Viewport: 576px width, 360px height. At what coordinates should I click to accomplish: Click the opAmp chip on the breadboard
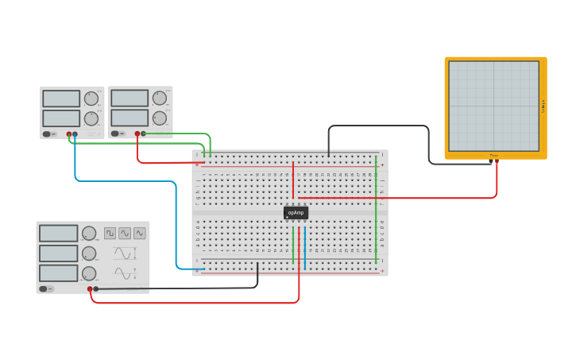coord(296,212)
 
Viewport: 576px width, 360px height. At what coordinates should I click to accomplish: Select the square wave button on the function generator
coord(110,233)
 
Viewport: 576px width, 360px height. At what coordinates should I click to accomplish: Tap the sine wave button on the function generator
coord(125,233)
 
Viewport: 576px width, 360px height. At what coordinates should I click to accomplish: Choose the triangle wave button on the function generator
coord(140,233)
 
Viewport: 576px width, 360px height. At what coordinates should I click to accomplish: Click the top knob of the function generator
coord(89,234)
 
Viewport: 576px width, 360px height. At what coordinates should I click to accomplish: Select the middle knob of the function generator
coord(89,254)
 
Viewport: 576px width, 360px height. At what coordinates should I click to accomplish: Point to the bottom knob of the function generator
coord(89,273)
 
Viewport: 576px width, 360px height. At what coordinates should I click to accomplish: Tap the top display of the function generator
coord(58,234)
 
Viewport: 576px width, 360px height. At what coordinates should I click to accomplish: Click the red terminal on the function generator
coord(90,288)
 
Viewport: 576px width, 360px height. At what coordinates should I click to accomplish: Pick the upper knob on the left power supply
coord(91,99)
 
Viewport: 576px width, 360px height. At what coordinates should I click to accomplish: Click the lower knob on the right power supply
coord(160,118)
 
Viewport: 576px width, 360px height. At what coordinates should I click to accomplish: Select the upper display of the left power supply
coord(61,99)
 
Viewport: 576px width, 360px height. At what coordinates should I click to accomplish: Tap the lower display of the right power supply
coord(130,118)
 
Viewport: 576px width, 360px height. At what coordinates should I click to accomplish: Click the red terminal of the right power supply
coord(137,134)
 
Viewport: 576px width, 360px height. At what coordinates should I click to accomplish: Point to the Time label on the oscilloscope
coord(493,155)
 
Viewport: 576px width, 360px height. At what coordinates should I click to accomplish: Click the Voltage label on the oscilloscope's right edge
coord(543,106)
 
